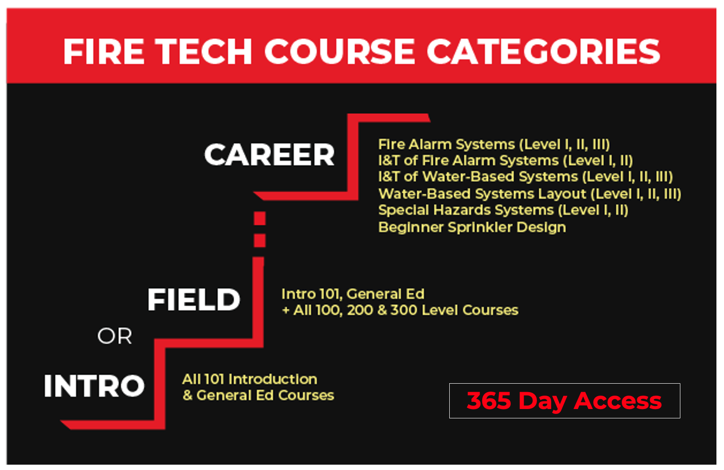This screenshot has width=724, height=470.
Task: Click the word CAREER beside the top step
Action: point(269,155)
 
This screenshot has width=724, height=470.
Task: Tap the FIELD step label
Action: point(194,300)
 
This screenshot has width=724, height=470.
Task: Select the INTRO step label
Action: point(94,385)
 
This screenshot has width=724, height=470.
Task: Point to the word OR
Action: point(114,336)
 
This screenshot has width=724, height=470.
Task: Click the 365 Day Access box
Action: point(564,401)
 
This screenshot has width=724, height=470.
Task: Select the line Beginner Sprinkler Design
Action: point(472,227)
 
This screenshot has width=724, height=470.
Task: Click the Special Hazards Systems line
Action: point(503,210)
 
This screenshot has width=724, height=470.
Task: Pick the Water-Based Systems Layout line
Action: point(529,194)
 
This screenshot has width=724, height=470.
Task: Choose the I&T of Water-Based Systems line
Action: point(525,177)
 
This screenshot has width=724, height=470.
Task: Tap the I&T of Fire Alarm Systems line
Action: point(505,160)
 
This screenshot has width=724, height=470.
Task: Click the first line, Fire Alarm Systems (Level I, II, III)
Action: point(494,144)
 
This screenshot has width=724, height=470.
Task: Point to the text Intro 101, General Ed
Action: point(353,294)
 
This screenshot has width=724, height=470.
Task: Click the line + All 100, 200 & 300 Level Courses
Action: point(400,310)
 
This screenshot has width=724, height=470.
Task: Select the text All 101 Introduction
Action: point(249,379)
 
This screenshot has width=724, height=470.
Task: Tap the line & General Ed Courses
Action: point(258,395)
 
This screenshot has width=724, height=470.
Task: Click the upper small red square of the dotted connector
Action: point(260,219)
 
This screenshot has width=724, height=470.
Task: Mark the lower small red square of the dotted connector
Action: point(260,240)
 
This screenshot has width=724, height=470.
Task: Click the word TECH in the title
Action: point(204,51)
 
